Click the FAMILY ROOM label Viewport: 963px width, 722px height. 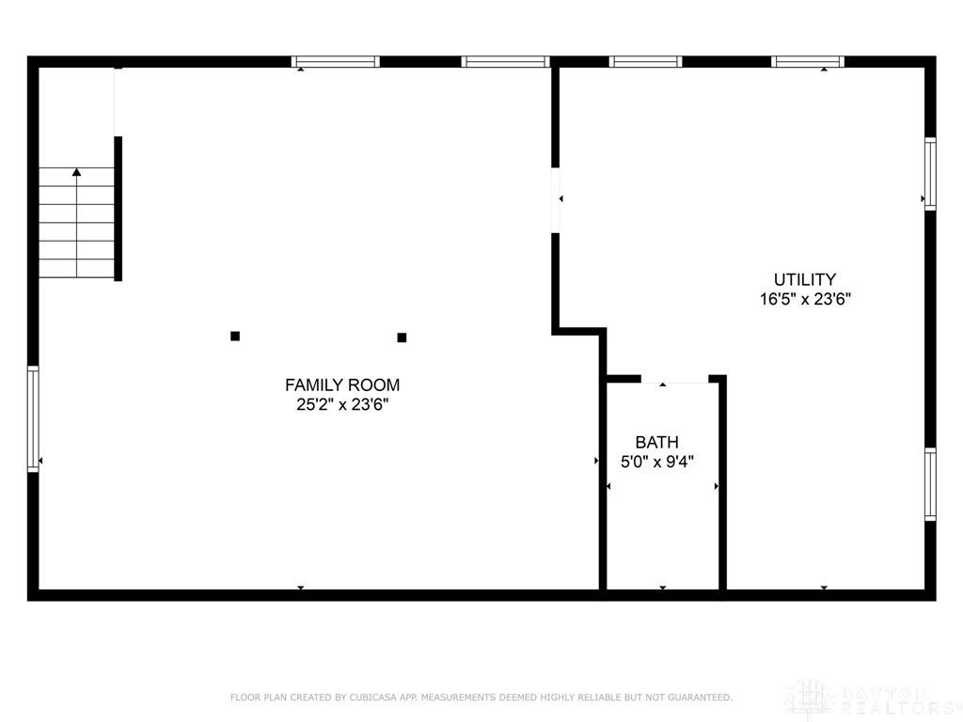tap(342, 385)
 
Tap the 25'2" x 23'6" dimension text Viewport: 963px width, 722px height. tap(342, 405)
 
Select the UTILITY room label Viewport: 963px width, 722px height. tap(805, 279)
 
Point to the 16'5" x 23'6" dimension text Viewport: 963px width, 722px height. tap(805, 300)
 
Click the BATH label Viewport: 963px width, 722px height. tap(656, 442)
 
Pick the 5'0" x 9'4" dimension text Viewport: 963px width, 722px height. tap(656, 462)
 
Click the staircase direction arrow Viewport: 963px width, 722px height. tap(76, 174)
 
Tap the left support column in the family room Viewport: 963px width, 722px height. tap(235, 336)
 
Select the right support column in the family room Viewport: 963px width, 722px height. tap(402, 337)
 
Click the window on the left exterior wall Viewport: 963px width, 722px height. tap(33, 417)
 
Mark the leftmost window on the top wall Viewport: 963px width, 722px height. tap(336, 62)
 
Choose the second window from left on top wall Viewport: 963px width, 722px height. tap(505, 62)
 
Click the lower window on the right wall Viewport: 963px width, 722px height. tap(930, 484)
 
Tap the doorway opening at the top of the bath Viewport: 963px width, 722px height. tap(674, 379)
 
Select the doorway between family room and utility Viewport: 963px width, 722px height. tap(555, 199)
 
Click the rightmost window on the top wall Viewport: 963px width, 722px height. tap(808, 62)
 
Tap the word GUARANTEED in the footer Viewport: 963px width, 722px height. tap(698, 698)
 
